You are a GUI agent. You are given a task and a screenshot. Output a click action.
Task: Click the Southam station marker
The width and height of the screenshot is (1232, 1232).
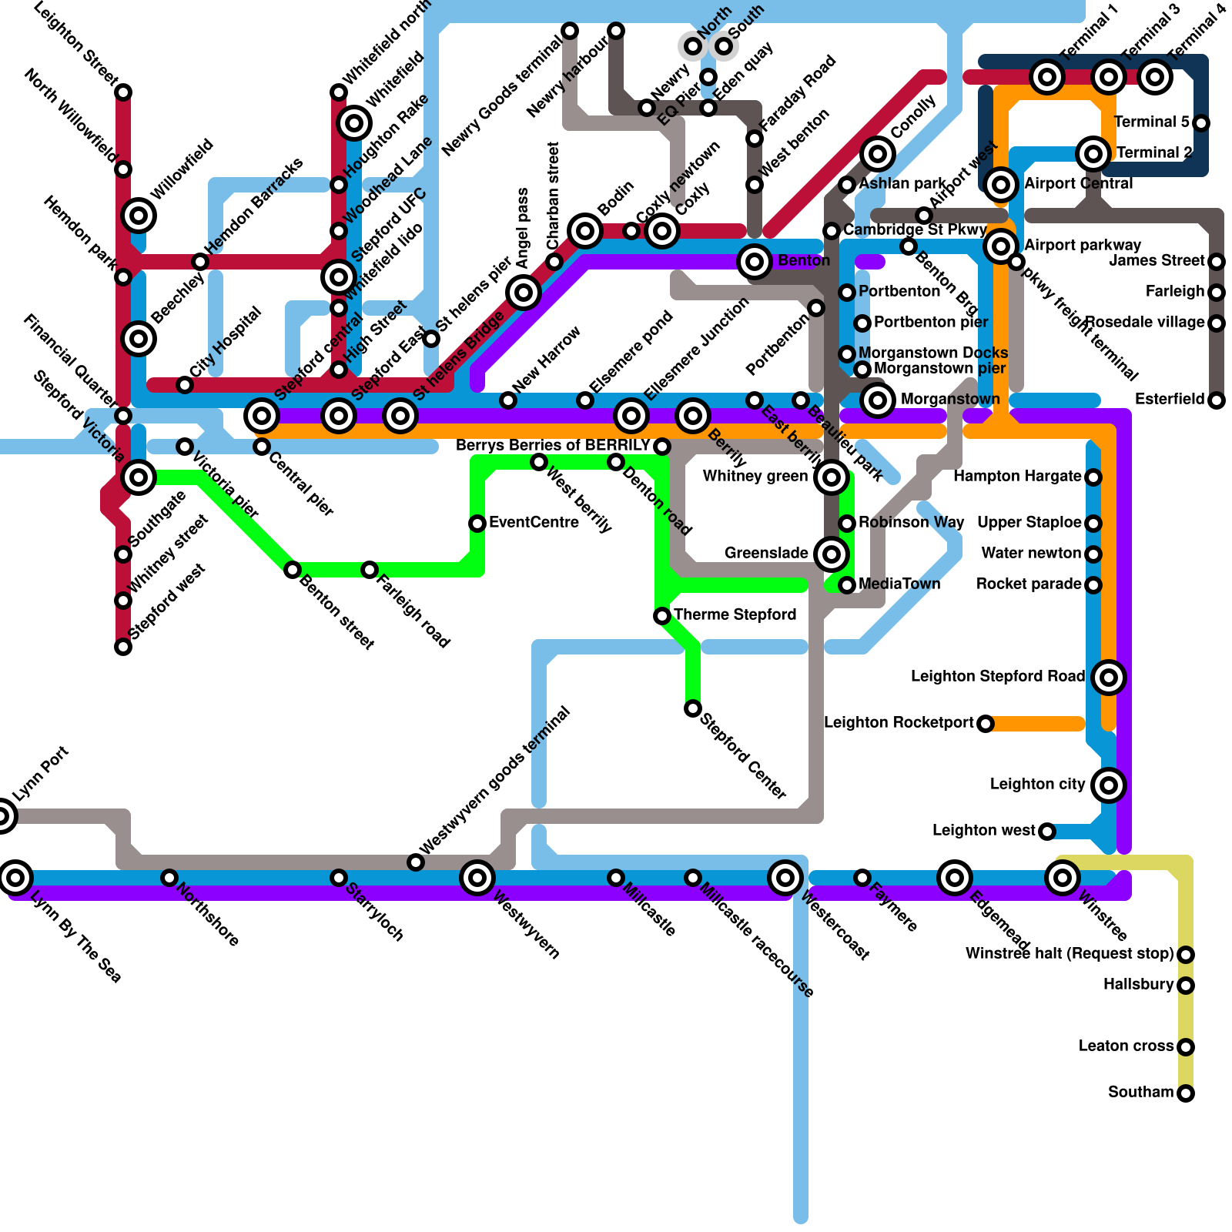[x=1186, y=1093]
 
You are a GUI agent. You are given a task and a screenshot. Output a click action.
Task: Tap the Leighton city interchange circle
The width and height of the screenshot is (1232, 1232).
[x=1109, y=785]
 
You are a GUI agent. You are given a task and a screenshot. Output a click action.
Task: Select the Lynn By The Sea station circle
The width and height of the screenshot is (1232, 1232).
[x=15, y=877]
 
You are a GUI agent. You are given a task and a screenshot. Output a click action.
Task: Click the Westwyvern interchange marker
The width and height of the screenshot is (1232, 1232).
[x=477, y=877]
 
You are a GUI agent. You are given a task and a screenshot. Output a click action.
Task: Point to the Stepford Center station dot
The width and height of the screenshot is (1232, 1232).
[x=693, y=708]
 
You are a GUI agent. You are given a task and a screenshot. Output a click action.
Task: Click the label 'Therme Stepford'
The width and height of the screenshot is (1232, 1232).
[x=735, y=614]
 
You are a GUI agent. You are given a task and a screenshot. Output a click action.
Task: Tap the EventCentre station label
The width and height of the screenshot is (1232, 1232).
[x=534, y=522]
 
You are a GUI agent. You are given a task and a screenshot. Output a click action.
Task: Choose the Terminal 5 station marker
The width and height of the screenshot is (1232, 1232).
[x=1201, y=123]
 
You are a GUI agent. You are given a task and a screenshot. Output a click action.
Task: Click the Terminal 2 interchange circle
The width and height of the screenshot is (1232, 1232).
[x=1093, y=154]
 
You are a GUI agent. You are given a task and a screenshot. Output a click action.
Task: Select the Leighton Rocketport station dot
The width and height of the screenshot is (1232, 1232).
[x=986, y=724]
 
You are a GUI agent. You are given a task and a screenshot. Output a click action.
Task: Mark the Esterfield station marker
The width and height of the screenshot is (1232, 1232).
[x=1217, y=400]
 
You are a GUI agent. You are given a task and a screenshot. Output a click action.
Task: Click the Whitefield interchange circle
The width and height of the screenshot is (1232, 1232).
[x=354, y=122]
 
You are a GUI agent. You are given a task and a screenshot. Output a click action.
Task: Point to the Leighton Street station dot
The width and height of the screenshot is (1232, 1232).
[x=123, y=92]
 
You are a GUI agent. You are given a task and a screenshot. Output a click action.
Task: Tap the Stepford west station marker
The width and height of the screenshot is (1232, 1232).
[x=123, y=647]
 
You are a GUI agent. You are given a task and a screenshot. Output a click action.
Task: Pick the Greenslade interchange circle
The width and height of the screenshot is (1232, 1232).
[x=832, y=554]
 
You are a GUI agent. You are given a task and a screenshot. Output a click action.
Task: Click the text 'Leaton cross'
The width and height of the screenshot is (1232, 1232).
[x=1126, y=1046]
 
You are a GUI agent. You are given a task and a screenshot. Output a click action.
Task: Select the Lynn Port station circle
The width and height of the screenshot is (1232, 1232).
[x=3, y=815]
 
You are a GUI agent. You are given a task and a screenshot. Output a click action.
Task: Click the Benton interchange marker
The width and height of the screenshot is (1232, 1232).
[x=755, y=262]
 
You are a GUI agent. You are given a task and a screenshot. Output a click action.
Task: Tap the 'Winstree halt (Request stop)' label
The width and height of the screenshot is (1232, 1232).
[x=1070, y=953]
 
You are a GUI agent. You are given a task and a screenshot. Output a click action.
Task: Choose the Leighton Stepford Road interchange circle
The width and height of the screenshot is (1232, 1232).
[x=1109, y=678]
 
